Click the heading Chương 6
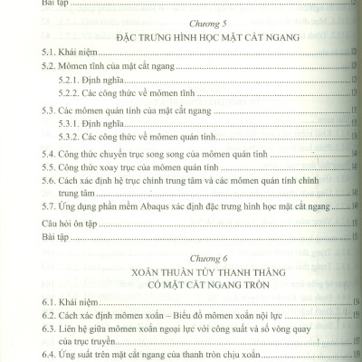pos(181,256)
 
